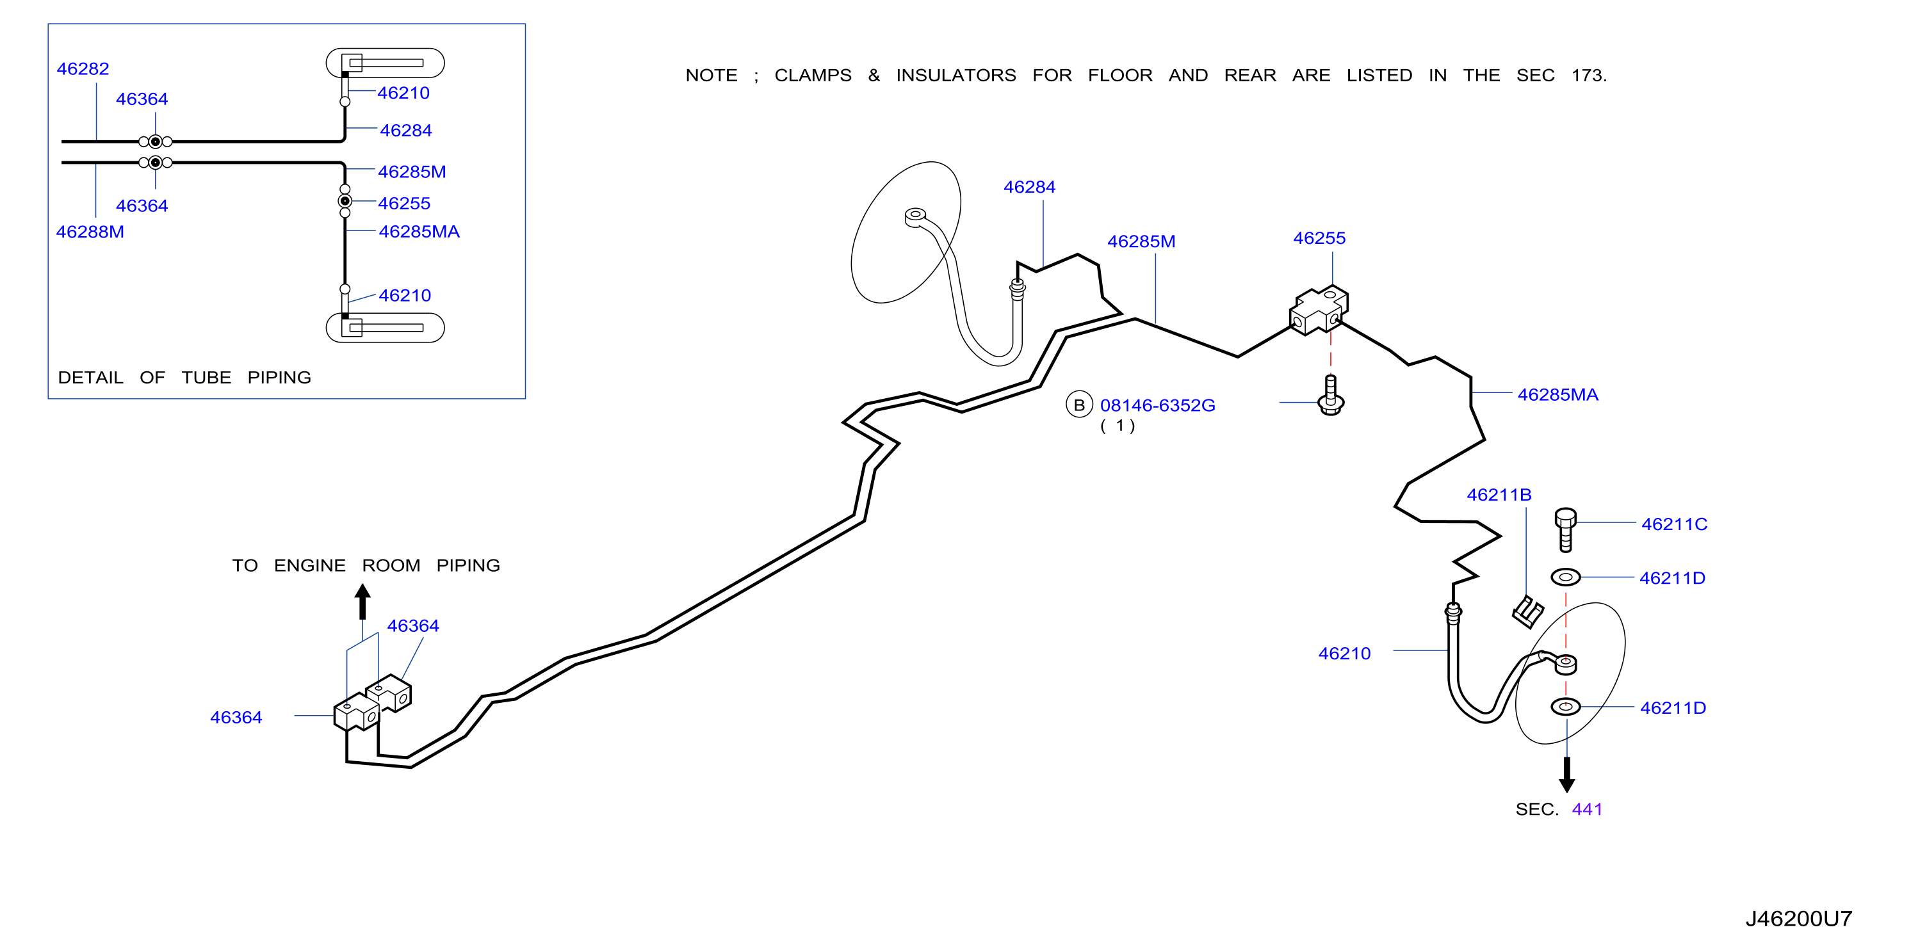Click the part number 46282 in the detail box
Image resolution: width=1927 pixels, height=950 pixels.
pos(83,69)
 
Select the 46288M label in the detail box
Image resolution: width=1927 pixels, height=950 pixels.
pos(90,232)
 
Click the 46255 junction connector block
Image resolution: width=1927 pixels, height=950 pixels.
pos(1318,310)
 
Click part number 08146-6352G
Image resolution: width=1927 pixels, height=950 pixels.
pos(1157,405)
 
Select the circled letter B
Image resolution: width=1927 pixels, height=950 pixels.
pos(1078,405)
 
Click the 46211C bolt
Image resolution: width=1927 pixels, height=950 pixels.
pos(1565,529)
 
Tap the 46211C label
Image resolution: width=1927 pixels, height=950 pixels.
pos(1673,524)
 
